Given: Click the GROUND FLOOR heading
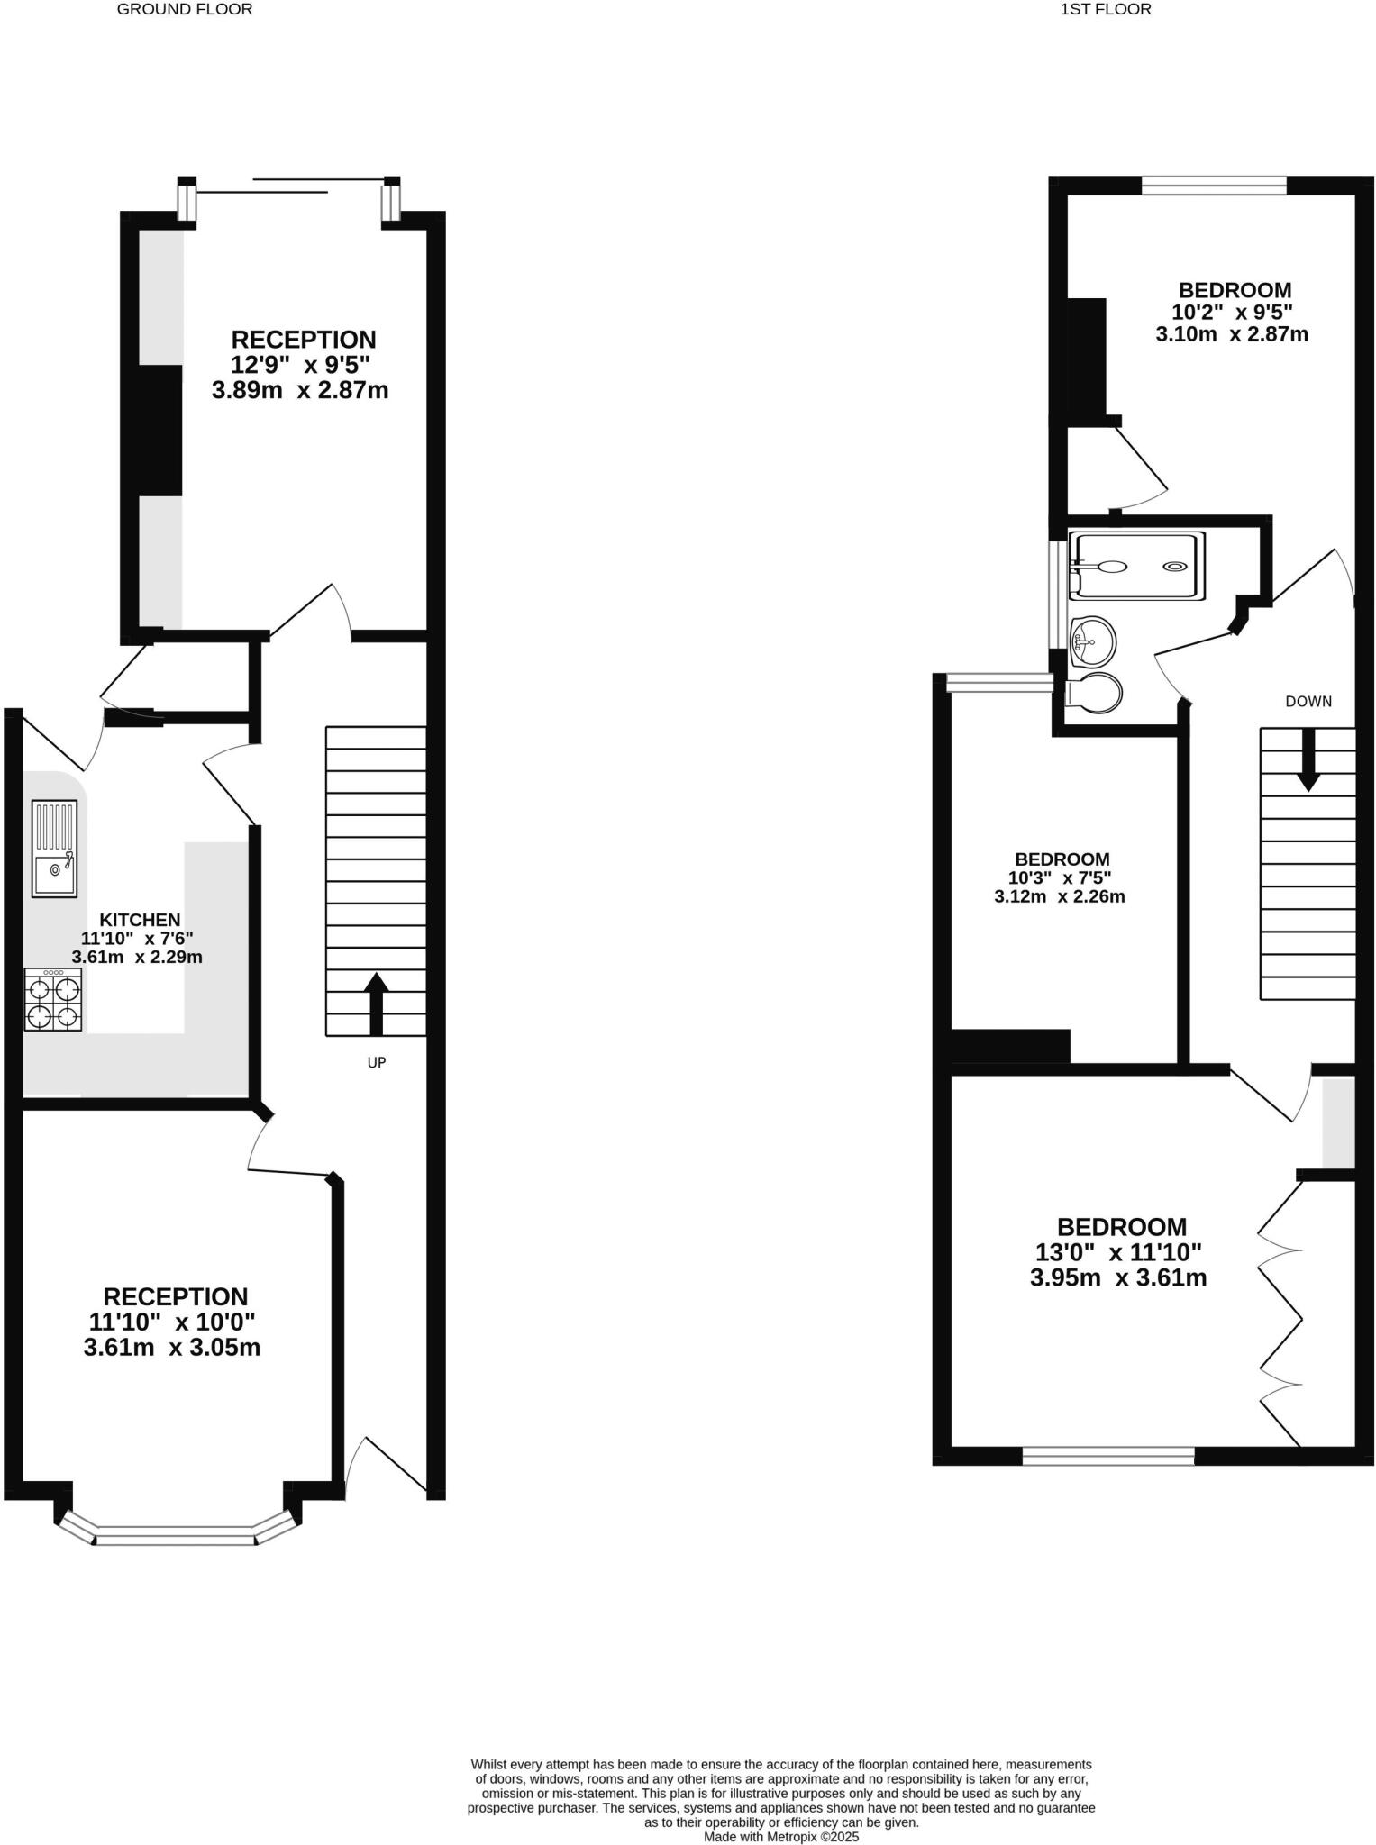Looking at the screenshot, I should [185, 10].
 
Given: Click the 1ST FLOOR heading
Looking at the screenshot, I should [1106, 10].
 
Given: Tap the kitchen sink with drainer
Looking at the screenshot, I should [55, 849].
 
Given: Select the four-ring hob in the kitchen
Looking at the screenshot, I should [53, 1000].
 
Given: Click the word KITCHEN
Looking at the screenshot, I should [140, 920].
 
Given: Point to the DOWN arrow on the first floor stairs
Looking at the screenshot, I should [1308, 759].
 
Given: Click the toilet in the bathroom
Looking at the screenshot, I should [1094, 694].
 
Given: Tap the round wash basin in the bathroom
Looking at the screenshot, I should [1093, 641].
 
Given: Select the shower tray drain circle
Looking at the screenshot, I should [1175, 567].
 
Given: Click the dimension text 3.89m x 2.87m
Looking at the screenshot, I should [300, 391].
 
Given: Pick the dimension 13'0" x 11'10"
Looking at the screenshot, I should [1118, 1252].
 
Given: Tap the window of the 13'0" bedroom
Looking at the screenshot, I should [1107, 1456].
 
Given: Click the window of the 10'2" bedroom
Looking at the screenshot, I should [1213, 186].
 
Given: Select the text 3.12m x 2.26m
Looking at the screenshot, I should [1060, 897].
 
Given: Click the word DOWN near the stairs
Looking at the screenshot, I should [1308, 701].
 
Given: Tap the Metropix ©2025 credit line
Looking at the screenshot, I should [781, 1836].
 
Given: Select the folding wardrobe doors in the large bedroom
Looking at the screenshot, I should [1280, 1315].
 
